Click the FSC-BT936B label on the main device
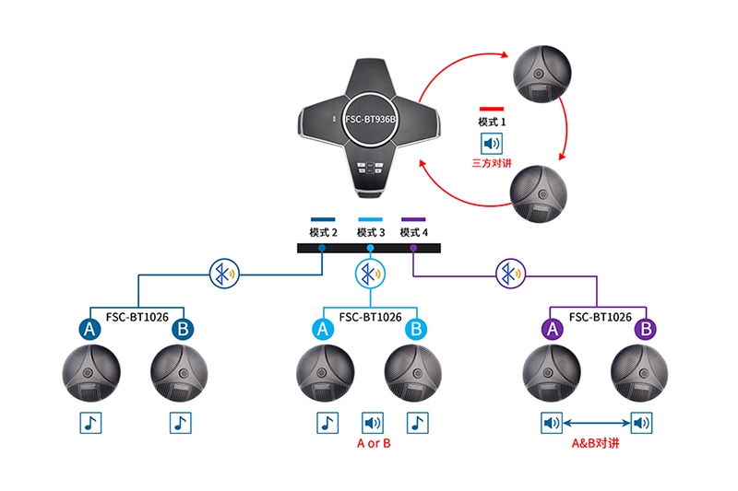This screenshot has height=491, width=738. tap(370, 120)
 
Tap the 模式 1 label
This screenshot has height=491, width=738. tap(492, 121)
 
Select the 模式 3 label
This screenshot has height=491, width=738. tap(371, 232)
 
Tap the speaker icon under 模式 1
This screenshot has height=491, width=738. tap(492, 144)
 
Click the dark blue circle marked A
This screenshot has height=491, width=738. tap(90, 328)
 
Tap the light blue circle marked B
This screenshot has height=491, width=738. tap(417, 328)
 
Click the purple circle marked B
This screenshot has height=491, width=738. tap(648, 328)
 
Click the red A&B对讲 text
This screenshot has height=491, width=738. tap(598, 443)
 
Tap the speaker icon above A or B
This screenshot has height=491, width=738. tap(372, 423)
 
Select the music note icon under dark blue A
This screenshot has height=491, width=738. tap(90, 423)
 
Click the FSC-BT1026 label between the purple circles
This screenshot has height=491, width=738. tap(601, 317)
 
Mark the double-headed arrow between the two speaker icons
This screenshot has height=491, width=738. tap(598, 423)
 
